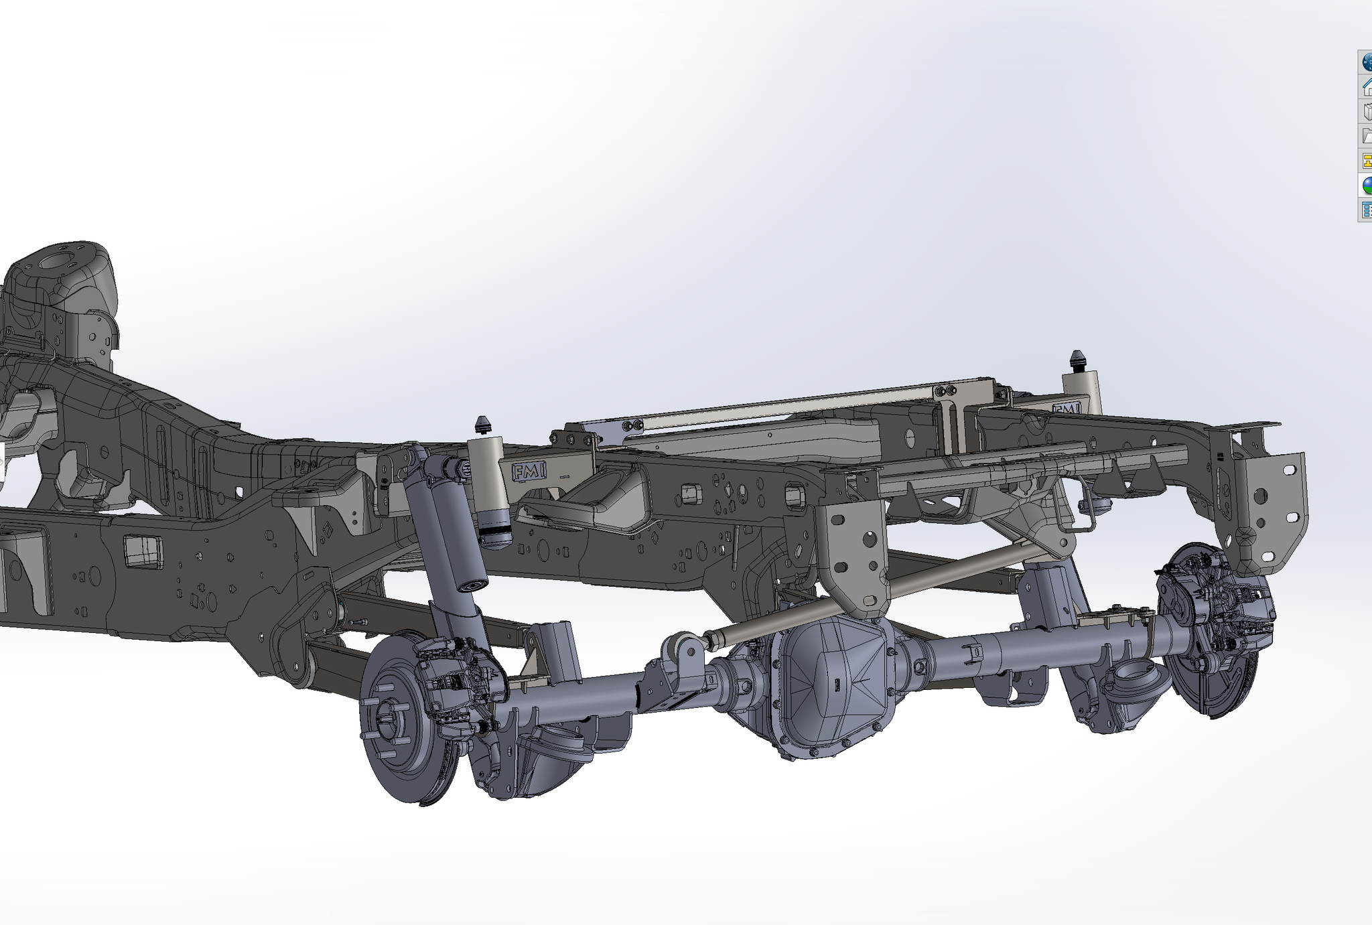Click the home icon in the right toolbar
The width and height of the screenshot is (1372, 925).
point(1366,86)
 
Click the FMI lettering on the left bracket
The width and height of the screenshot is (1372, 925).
point(529,471)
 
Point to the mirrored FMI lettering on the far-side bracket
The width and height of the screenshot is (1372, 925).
point(1066,408)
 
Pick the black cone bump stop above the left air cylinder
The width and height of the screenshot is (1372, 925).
point(483,425)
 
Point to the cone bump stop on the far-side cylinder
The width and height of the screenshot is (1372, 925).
point(1078,360)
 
